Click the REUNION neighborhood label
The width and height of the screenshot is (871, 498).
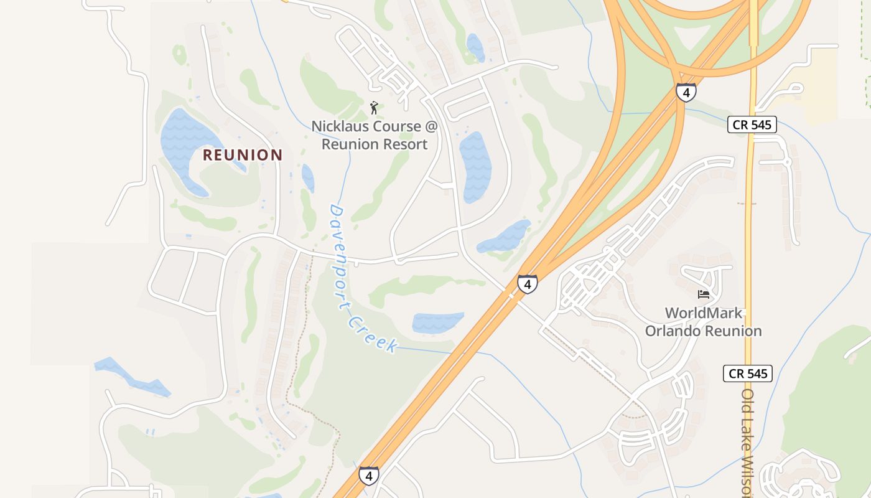pyautogui.click(x=243, y=155)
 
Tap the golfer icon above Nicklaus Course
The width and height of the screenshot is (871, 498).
pyautogui.click(x=374, y=108)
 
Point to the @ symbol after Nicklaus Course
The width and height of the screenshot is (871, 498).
pyautogui.click(x=431, y=126)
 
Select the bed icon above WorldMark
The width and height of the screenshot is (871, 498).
pyautogui.click(x=704, y=294)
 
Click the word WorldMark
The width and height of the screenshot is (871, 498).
pyautogui.click(x=704, y=313)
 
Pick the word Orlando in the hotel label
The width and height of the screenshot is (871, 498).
pyautogui.click(x=673, y=331)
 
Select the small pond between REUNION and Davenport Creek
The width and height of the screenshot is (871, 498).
pyautogui.click(x=308, y=177)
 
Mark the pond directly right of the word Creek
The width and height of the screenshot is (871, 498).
pyautogui.click(x=437, y=322)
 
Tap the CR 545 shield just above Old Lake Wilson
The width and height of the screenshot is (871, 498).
pyautogui.click(x=748, y=374)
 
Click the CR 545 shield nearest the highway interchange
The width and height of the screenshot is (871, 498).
pyautogui.click(x=752, y=125)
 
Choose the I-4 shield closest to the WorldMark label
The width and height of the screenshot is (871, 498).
pyautogui.click(x=528, y=284)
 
